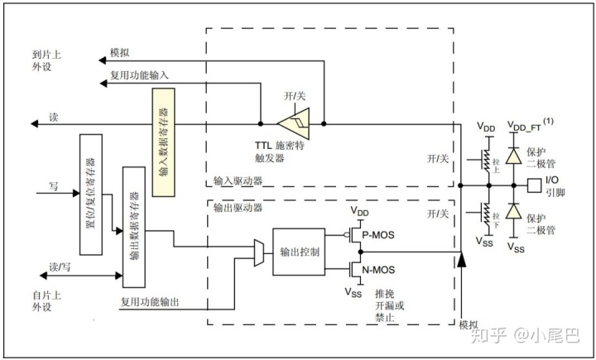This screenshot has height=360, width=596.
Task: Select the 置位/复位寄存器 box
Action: [x=89, y=193]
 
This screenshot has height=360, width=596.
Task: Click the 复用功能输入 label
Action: [x=139, y=75]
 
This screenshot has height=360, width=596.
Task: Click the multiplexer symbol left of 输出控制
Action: [x=259, y=251]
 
